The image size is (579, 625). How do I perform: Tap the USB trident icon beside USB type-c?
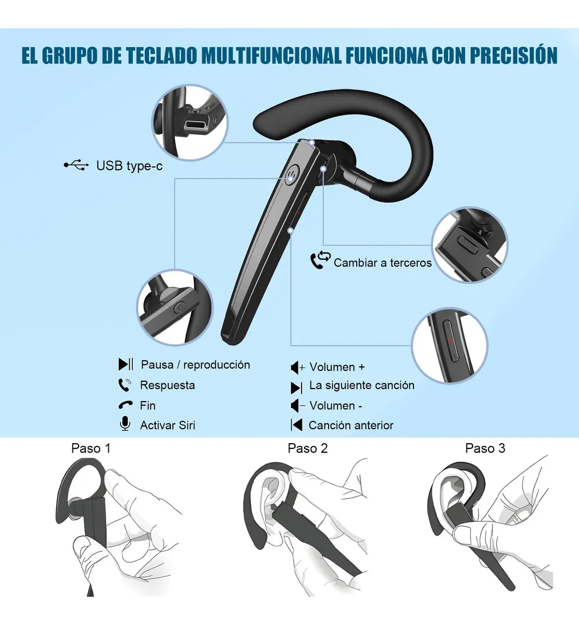click(x=76, y=165)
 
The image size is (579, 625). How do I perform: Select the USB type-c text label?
click(x=129, y=166)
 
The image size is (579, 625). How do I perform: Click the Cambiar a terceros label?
click(x=383, y=262)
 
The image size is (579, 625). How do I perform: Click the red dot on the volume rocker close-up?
click(x=450, y=341)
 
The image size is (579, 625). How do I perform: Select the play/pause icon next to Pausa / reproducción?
click(x=125, y=364)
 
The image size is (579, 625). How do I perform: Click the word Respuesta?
click(x=167, y=385)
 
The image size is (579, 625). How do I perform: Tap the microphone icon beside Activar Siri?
click(x=125, y=424)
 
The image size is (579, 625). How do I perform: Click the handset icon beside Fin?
click(x=125, y=405)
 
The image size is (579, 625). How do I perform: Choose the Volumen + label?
click(x=337, y=367)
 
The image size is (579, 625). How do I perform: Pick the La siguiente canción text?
click(x=361, y=385)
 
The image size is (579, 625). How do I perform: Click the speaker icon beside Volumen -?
click(x=297, y=405)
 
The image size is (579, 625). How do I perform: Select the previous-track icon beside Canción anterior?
click(x=296, y=425)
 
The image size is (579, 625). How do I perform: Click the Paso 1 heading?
click(x=91, y=448)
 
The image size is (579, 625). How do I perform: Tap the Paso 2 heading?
click(x=308, y=448)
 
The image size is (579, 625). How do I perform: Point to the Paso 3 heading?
click(x=485, y=448)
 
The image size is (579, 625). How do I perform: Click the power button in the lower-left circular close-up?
click(x=179, y=308)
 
